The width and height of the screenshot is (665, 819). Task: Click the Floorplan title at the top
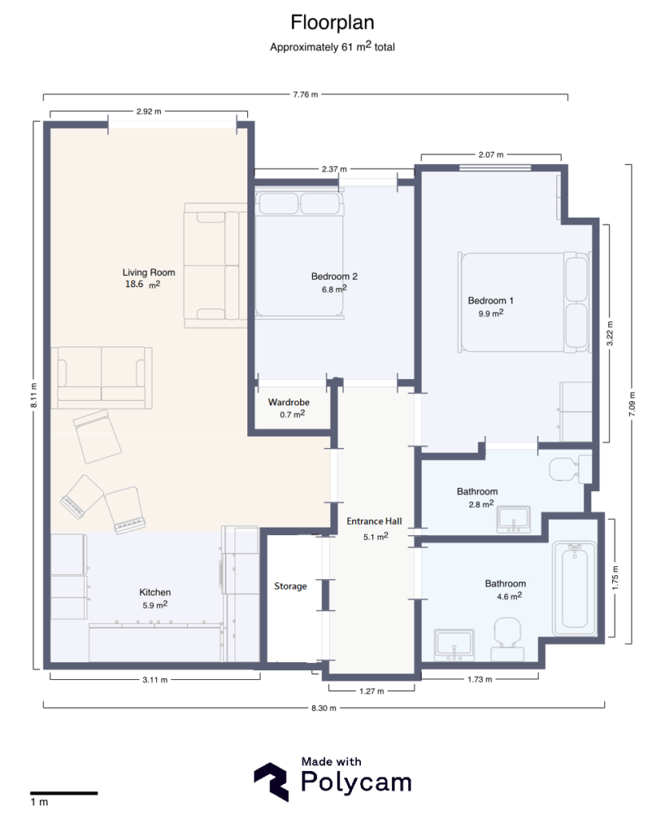pos(332,21)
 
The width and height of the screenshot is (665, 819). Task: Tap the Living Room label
pos(148,272)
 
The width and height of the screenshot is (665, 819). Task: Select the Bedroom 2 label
pos(334,277)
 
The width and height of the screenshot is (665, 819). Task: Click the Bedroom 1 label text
pos(491,301)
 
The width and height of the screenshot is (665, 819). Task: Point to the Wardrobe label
pos(288,402)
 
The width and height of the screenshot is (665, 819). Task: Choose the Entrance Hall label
pos(374,521)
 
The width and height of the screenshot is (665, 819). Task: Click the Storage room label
pos(290,586)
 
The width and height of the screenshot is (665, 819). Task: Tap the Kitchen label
pos(155,592)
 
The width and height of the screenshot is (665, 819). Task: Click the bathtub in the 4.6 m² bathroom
pos(574,585)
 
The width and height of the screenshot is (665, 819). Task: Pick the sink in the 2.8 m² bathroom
pos(513,519)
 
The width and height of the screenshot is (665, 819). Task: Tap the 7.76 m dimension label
pos(305,94)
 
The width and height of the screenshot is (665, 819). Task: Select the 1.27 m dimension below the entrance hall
pos(371,690)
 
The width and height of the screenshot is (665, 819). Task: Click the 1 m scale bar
pos(64,793)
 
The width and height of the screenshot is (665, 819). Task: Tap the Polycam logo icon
pos(272,781)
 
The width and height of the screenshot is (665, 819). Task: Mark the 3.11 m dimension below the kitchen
pos(154,680)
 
